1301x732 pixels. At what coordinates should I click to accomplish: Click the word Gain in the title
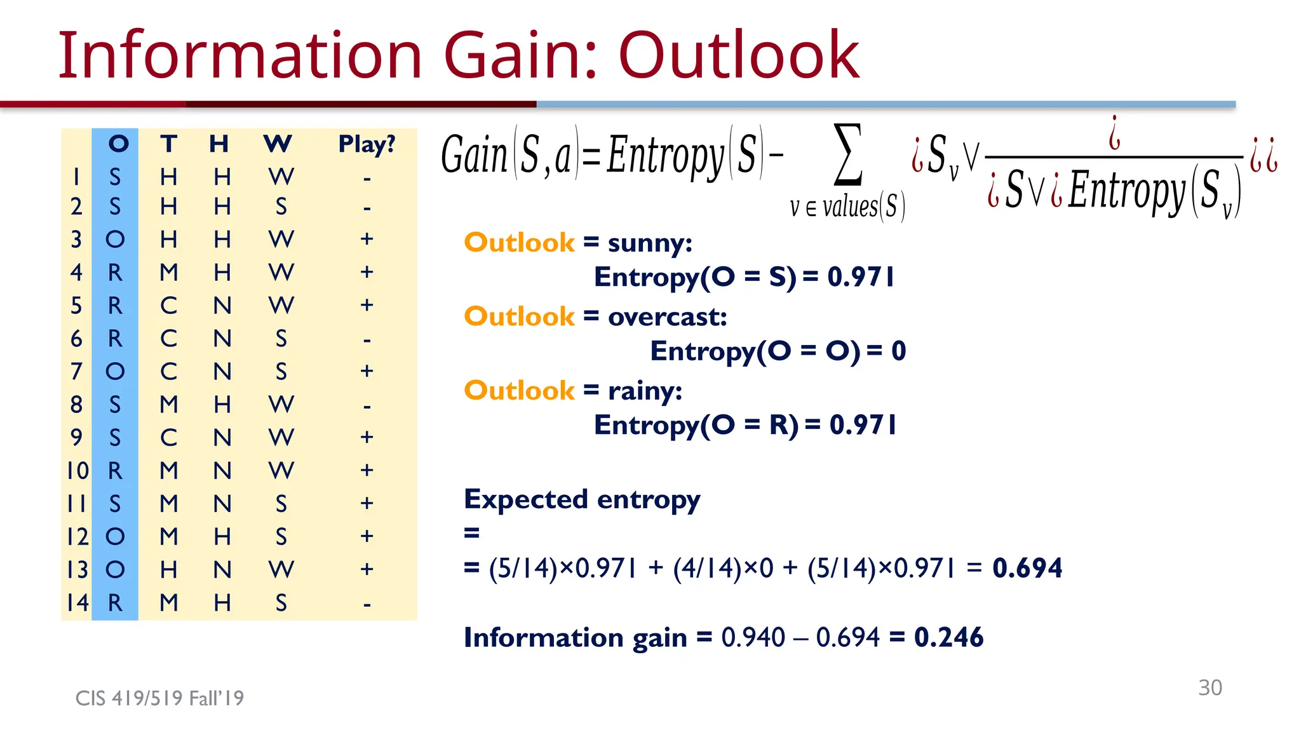pos(520,56)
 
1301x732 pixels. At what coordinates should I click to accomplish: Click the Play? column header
pos(367,144)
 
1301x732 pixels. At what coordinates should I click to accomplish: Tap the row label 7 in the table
pos(76,371)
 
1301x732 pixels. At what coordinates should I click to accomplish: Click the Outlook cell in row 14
pos(115,602)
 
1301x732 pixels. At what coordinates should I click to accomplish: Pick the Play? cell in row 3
pos(367,239)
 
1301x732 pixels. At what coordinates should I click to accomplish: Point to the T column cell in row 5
pos(168,306)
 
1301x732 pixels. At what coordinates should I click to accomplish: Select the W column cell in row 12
pos(281,537)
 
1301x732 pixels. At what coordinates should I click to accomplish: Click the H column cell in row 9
pos(222,438)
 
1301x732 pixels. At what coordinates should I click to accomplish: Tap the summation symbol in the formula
pos(848,154)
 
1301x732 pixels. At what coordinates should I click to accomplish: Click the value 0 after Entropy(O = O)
pos(898,351)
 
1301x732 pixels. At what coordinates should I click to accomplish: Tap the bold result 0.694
pos(1027,568)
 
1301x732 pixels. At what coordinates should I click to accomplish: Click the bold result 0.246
pos(948,637)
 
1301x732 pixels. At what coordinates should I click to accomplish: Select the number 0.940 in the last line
pos(753,637)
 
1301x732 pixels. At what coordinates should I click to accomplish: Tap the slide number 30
pos(1210,688)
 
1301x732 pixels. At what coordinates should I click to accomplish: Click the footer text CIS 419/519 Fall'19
pos(159,698)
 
